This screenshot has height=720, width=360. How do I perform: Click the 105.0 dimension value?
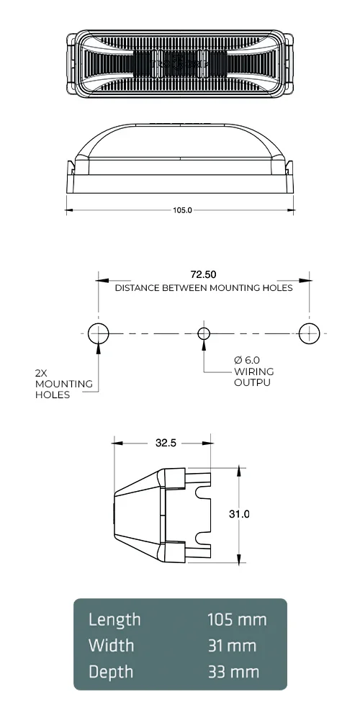[x=181, y=211]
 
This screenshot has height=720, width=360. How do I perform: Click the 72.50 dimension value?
[x=203, y=275]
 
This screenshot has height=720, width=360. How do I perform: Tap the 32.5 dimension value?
[x=166, y=444]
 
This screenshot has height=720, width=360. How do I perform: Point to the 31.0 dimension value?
[x=239, y=514]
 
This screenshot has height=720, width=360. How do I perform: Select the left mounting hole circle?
[x=98, y=333]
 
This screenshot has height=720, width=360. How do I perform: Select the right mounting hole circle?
[x=309, y=333]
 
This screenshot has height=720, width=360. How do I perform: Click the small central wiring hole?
[x=204, y=333]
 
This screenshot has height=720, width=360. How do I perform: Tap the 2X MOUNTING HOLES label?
[x=63, y=384]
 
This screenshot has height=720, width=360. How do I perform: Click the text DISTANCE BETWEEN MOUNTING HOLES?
[x=204, y=288]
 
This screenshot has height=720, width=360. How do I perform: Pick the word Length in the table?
[x=114, y=619]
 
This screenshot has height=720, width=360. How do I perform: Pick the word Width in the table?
[x=111, y=645]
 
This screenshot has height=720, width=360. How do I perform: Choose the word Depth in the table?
[x=111, y=672]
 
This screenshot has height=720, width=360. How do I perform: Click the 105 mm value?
[x=237, y=619]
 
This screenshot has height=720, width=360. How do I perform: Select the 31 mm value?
[x=232, y=645]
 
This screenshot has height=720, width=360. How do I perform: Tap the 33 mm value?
[x=233, y=672]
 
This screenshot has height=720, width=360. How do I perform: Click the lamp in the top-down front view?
[x=180, y=63]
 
